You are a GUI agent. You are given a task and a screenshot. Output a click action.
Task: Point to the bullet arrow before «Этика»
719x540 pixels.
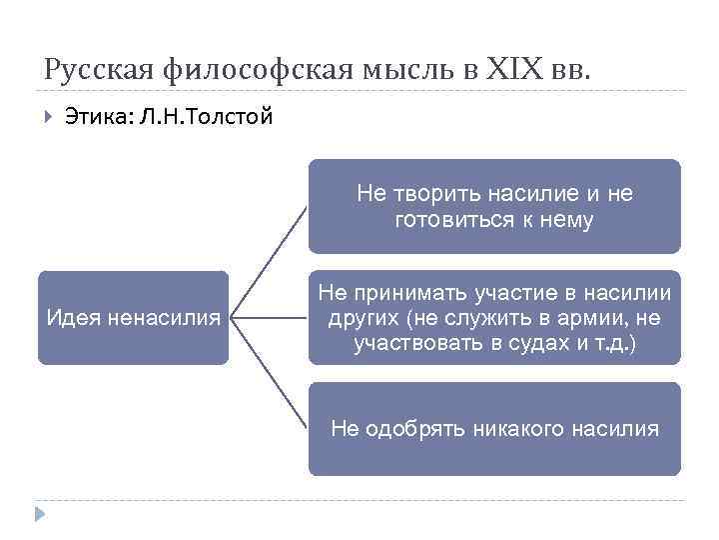coord(47,117)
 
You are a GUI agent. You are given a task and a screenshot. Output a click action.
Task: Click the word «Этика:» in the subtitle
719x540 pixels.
coord(98,117)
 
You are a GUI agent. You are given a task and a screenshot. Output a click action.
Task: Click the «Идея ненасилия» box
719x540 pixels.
coord(134,318)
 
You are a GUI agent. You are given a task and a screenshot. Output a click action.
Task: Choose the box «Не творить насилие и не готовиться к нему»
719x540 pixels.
coord(494,206)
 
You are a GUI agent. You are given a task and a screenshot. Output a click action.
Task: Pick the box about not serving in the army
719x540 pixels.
coord(494,318)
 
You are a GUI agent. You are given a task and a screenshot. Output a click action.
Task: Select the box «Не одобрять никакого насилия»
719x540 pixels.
coord(494,429)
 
